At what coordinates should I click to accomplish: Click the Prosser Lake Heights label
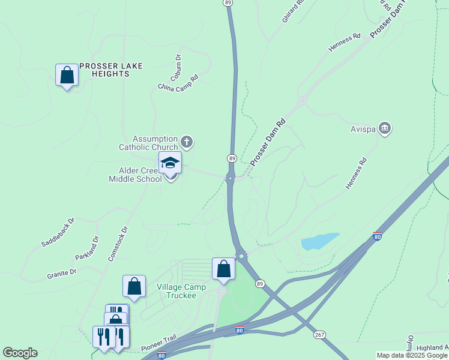click(111, 70)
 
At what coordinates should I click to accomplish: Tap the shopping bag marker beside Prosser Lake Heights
click(67, 76)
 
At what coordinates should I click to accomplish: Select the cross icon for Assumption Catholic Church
click(187, 142)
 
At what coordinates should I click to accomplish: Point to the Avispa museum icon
click(385, 128)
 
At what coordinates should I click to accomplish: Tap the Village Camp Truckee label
click(181, 291)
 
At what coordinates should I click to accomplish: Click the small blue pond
click(319, 241)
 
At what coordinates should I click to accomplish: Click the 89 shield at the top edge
click(228, 3)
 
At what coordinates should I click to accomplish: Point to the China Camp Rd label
click(178, 83)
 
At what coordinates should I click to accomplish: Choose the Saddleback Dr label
click(58, 232)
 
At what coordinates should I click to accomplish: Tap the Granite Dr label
click(62, 274)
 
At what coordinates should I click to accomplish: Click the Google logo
click(20, 353)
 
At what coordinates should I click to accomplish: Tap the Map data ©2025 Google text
click(411, 355)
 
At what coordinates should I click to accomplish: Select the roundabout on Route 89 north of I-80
click(241, 256)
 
